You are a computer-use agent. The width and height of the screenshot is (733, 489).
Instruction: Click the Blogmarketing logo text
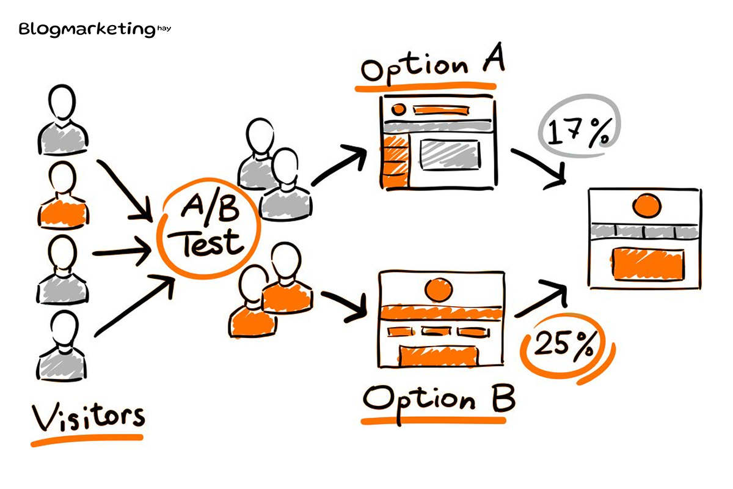pos(95,29)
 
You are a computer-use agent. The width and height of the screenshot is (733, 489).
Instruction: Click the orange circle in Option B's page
pos(439,290)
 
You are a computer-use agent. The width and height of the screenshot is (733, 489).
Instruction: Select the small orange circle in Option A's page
pos(398,109)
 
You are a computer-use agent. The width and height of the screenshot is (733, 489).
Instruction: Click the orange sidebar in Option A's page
pos(395,162)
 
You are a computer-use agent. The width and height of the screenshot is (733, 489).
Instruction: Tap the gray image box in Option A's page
pos(450,155)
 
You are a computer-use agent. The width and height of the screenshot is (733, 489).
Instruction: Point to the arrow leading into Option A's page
pos(338,165)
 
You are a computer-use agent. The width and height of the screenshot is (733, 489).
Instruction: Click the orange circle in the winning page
pos(647,206)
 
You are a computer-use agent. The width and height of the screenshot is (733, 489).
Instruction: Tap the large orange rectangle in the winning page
pos(648,264)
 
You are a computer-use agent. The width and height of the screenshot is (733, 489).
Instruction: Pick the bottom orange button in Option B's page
pos(439,356)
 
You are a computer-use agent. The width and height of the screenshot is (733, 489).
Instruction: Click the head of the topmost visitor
pos(62,102)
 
